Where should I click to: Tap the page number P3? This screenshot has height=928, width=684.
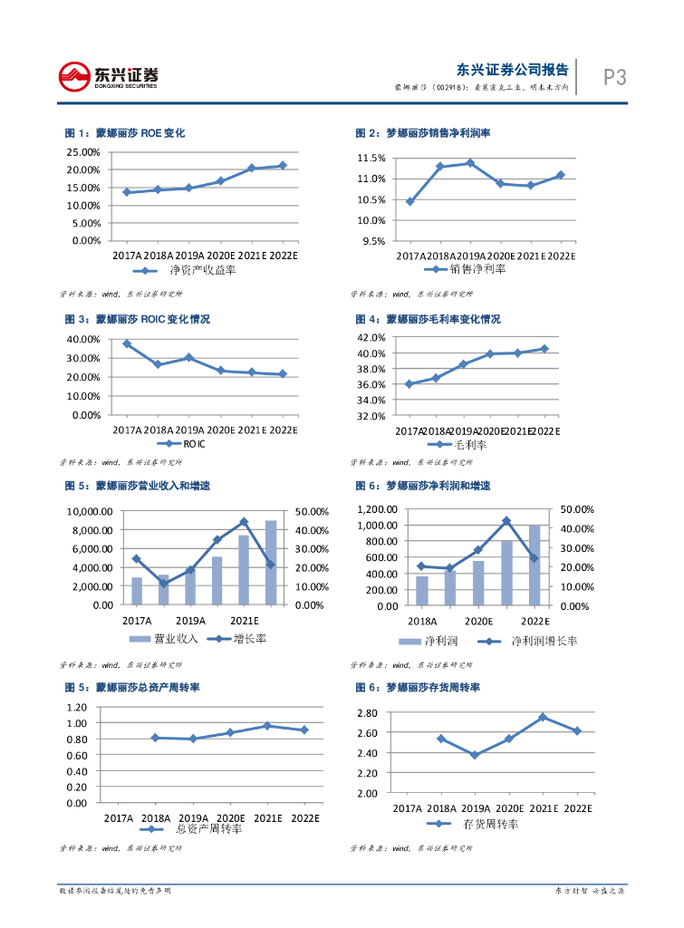[615, 78]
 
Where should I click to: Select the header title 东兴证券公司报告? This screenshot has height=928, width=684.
[513, 70]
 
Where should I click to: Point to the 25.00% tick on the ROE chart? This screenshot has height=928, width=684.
[84, 152]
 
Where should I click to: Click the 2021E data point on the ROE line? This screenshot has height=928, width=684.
[251, 169]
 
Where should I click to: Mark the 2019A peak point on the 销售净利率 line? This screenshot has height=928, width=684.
[470, 163]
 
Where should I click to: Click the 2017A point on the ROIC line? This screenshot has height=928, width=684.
[127, 343]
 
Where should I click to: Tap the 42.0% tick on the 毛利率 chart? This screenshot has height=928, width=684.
[373, 337]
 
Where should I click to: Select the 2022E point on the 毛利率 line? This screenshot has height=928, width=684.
[544, 349]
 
